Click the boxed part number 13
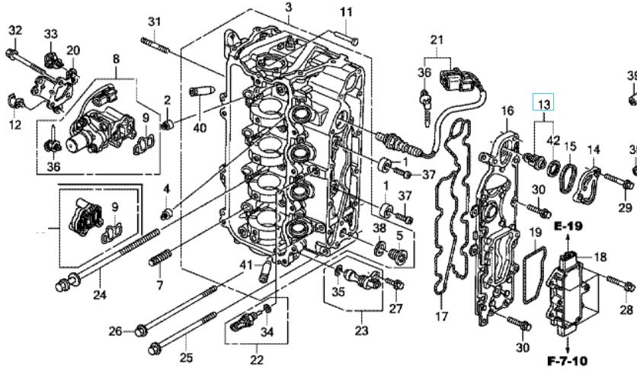coord(543,104)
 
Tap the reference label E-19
coord(568,226)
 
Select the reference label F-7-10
coord(567,361)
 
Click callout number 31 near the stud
coord(154,21)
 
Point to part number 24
coord(100,294)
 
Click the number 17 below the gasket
coord(442,316)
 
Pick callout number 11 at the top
coord(346,12)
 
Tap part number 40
coord(200,127)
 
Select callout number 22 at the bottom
coord(257,360)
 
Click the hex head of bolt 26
coord(140,330)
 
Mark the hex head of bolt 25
coord(154,349)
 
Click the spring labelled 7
coord(160,258)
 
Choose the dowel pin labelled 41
coord(265,271)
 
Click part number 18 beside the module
coord(600,257)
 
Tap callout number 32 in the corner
coord(15,30)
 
